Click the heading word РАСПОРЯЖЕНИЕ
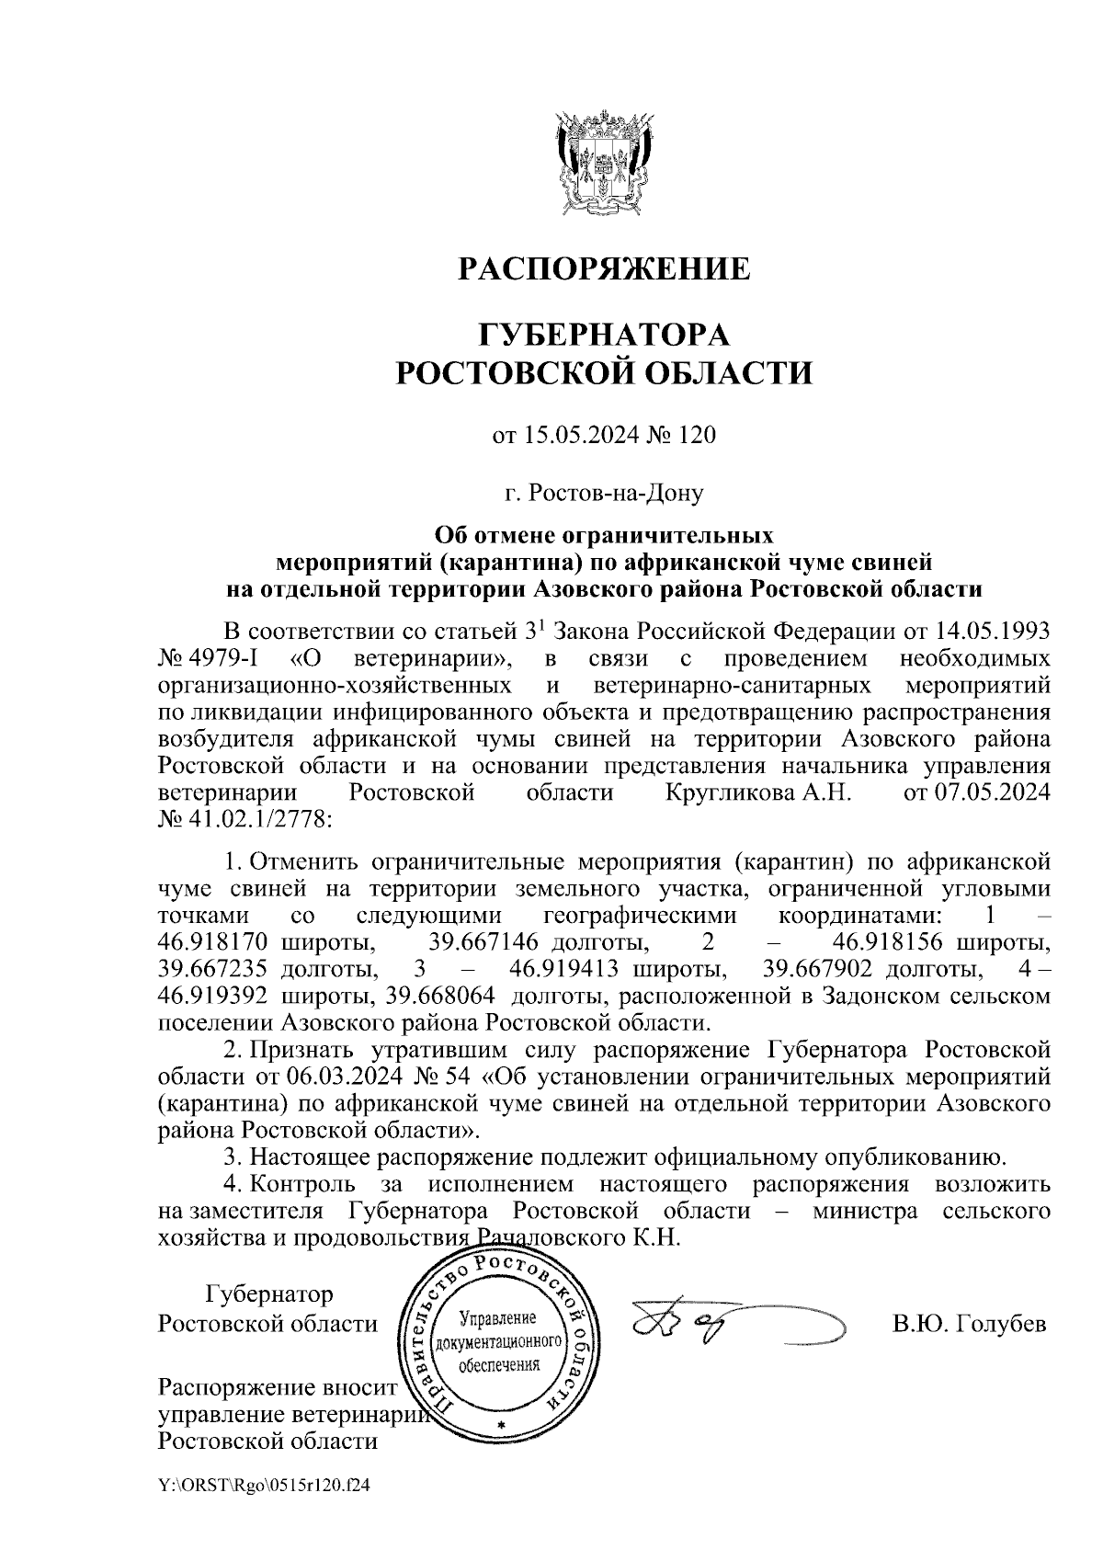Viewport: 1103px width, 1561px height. tap(604, 268)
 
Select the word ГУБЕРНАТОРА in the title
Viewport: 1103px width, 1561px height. tap(604, 333)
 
